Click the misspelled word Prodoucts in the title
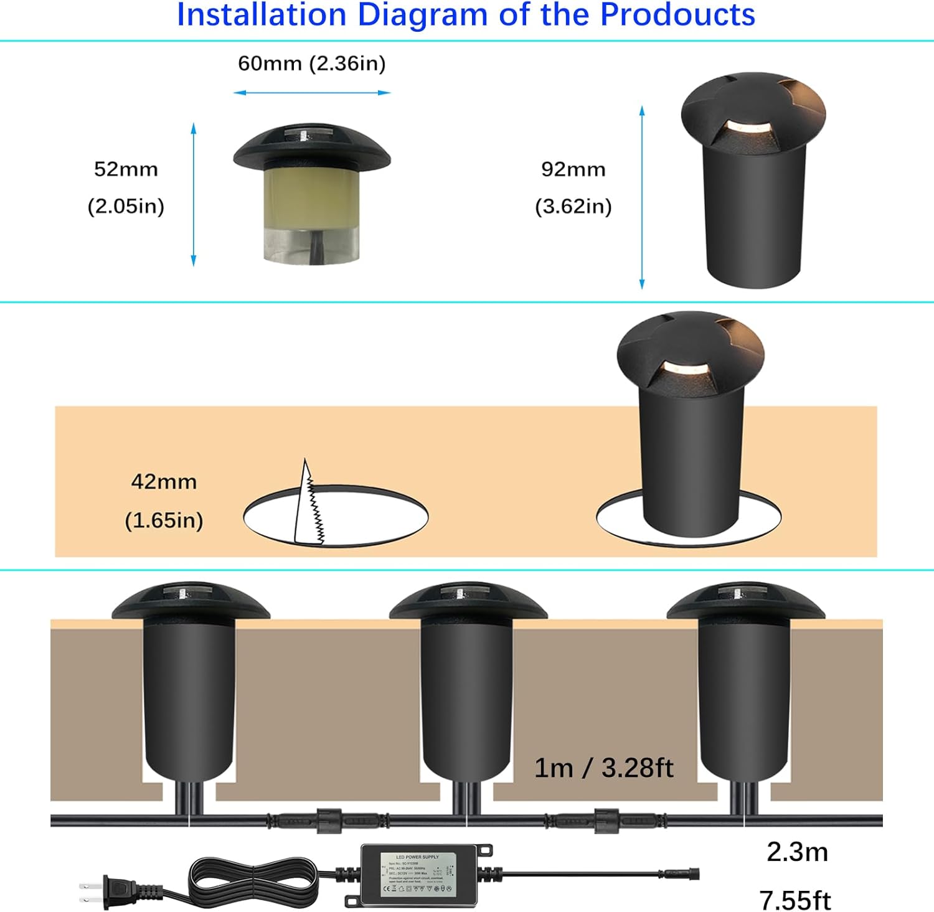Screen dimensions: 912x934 (677, 15)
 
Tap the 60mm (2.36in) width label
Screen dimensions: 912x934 (312, 63)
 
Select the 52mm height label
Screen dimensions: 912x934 (126, 169)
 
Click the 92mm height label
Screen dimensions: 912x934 (573, 169)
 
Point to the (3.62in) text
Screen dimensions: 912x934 (573, 206)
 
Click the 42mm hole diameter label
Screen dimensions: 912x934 (164, 482)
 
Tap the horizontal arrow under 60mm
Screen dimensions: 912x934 (312, 93)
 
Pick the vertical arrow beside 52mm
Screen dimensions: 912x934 (194, 194)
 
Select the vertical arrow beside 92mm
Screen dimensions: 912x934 (642, 197)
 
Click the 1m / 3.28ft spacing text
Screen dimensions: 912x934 (603, 768)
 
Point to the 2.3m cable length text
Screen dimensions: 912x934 (797, 852)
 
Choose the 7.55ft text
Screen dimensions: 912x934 (795, 900)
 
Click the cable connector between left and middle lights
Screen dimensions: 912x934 (329, 820)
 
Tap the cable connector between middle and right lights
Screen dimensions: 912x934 (606, 820)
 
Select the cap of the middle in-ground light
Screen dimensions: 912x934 (468, 601)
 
